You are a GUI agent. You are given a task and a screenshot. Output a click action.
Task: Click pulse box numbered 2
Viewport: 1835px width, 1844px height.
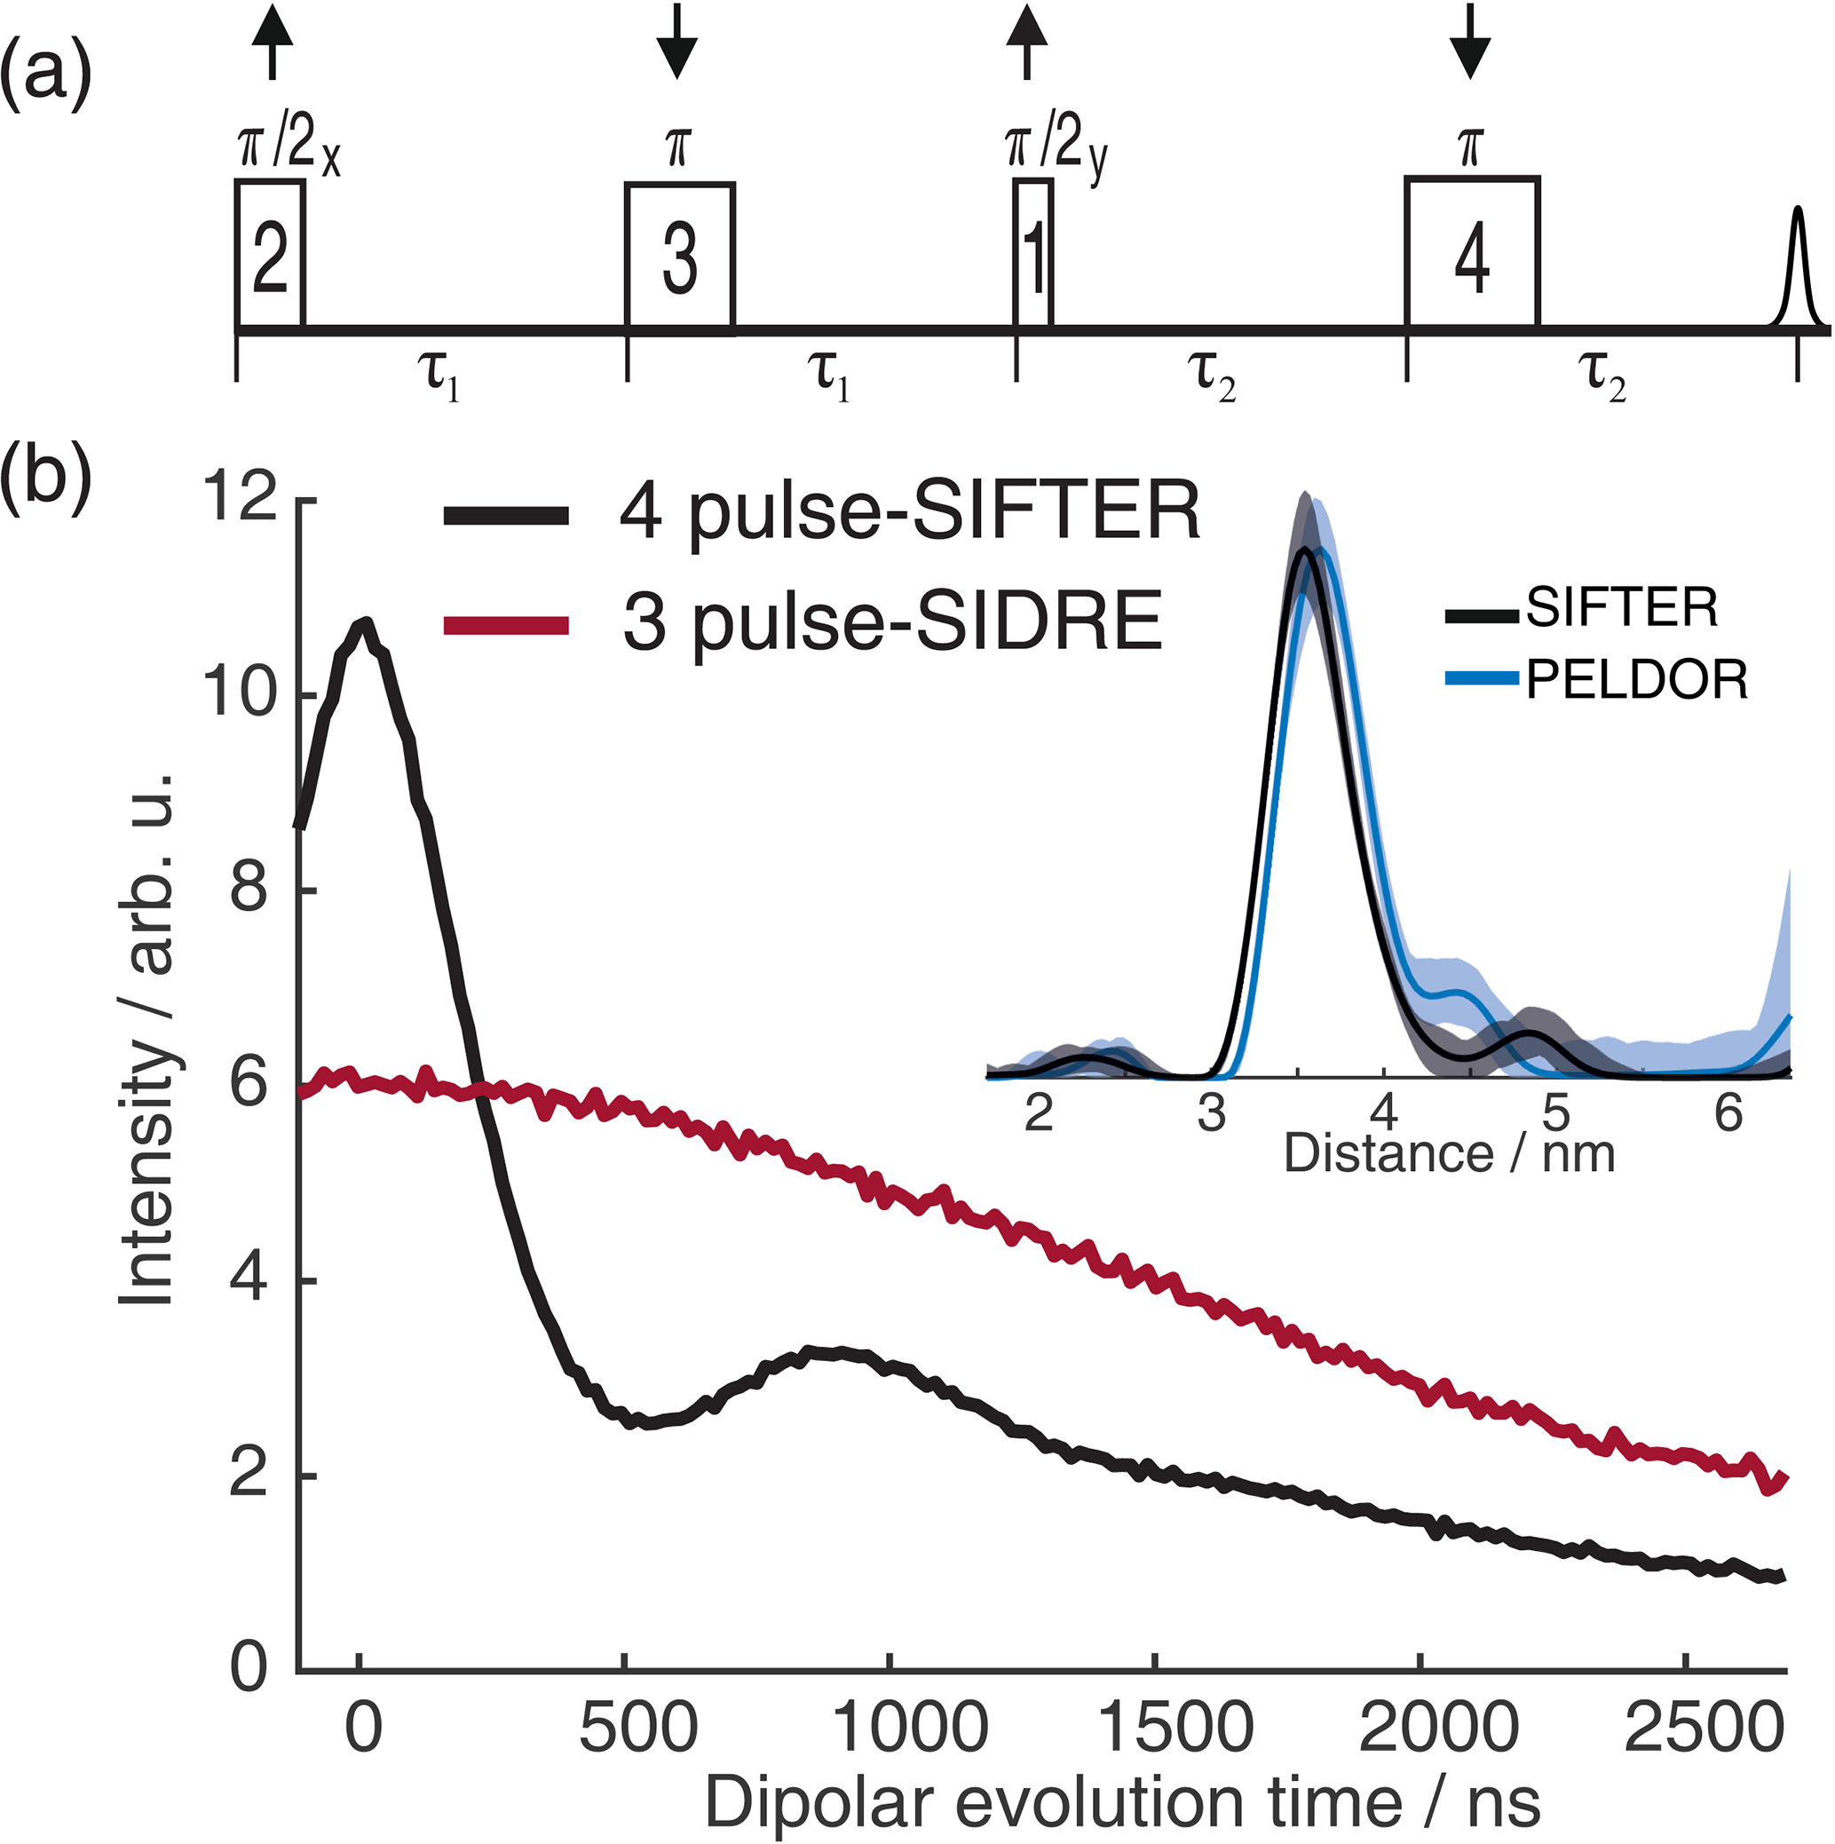270,254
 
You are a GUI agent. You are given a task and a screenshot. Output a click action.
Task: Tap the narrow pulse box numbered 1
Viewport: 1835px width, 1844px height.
1033,254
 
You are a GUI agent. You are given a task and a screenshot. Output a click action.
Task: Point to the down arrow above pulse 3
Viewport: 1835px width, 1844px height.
676,43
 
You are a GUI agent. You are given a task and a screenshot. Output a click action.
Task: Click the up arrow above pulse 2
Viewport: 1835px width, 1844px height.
273,40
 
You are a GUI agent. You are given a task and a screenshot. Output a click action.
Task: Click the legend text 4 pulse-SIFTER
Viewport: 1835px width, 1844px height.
909,512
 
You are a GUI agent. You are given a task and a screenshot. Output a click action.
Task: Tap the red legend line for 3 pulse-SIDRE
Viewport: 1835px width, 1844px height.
507,626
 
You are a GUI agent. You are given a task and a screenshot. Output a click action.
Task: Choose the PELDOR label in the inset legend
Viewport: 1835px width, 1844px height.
1636,679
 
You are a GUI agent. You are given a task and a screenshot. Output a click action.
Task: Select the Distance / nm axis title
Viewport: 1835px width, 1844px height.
1450,1153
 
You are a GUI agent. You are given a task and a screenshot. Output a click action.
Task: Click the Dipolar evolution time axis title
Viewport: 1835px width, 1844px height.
1122,1803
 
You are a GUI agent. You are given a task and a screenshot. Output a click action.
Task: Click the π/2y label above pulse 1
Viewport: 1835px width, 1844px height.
1055,149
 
